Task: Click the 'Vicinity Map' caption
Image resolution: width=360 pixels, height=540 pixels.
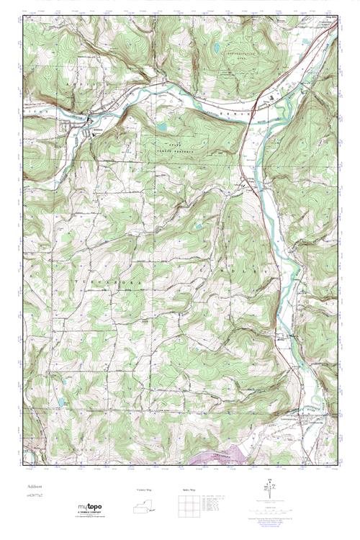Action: (145, 490)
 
